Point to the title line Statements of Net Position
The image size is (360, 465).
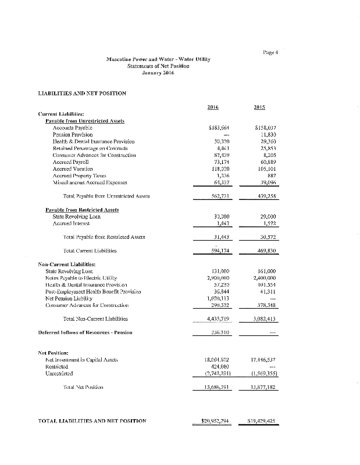[x=158, y=66]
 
